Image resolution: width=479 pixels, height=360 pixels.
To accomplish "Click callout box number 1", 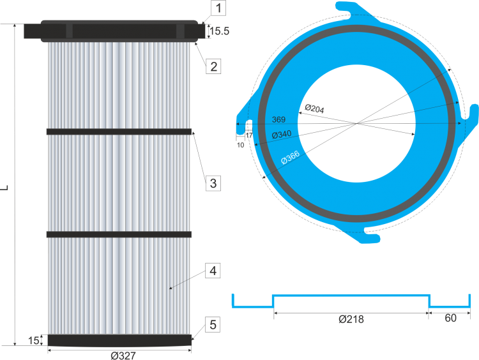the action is pos(218,8).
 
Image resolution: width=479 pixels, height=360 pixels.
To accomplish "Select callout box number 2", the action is pos(213,65).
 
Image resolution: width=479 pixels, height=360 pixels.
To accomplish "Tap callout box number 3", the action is pos(213,183).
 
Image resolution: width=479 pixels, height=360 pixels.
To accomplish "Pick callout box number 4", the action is pos(213,271).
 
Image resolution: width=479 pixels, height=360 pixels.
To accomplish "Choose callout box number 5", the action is pos(213,325).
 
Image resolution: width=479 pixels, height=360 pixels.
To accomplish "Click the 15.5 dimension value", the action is pos(218,30).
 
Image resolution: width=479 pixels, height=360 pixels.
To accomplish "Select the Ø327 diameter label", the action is pos(123,355).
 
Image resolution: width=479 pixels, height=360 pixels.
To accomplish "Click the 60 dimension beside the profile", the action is pos(450,319).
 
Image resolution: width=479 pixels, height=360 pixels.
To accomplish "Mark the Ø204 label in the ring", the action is pos(314,109).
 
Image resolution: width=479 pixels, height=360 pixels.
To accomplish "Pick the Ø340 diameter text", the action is pos(282,135).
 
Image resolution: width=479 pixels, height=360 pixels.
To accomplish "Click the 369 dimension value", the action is pos(278,119).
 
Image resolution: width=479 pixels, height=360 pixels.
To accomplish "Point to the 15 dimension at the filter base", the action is pos(33,341).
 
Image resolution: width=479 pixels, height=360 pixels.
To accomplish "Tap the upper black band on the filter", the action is pos(119,132).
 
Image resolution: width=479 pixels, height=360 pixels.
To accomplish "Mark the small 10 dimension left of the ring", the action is pos(240,145).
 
